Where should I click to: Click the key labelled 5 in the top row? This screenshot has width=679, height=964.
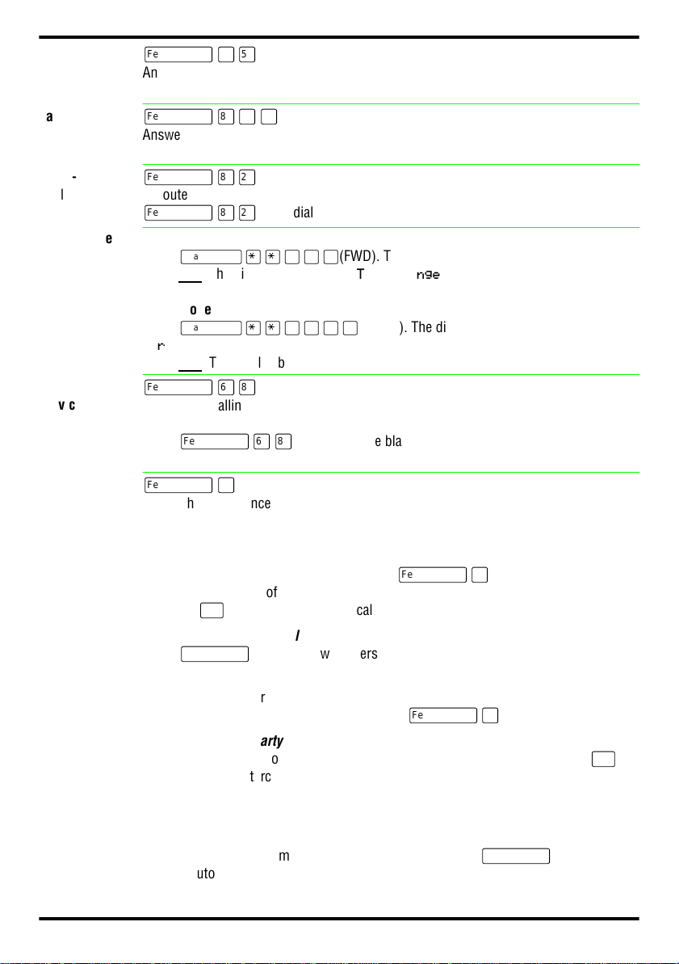tap(248, 55)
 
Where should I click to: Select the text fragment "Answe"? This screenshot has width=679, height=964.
tap(161, 135)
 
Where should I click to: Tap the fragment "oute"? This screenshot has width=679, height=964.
tap(175, 195)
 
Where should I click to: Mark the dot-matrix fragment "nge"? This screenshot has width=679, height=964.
tap(428, 276)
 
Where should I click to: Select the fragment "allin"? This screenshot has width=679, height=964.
tap(230, 405)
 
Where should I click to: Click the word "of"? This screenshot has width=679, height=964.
tap(271, 593)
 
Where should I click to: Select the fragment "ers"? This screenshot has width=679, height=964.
tap(368, 655)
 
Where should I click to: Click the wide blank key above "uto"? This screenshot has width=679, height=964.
tap(516, 856)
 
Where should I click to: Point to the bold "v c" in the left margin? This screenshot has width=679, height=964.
tap(67, 405)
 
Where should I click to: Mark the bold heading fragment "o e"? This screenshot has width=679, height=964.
tap(200, 309)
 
